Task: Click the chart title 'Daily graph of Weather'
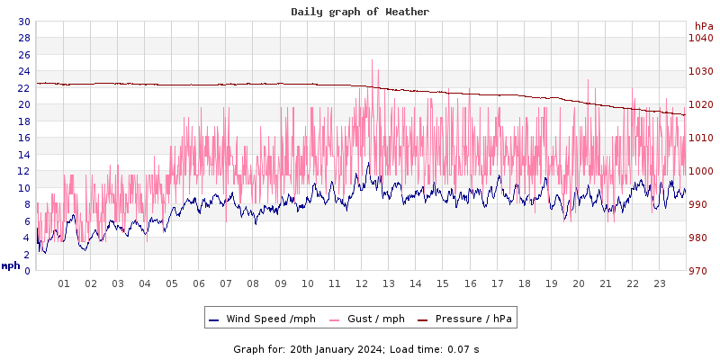pyautogui.click(x=359, y=12)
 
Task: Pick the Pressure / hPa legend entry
pyautogui.click(x=472, y=319)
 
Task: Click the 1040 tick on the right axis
pyautogui.click(x=700, y=38)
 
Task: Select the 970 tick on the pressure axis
pyautogui.click(x=700, y=271)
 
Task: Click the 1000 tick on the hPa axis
pyautogui.click(x=700, y=171)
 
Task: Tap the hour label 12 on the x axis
pyautogui.click(x=362, y=283)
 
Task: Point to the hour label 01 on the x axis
pyautogui.click(x=64, y=283)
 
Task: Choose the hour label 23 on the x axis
pyautogui.click(x=660, y=283)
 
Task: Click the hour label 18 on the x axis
pyautogui.click(x=524, y=283)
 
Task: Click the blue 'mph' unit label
pyautogui.click(x=10, y=265)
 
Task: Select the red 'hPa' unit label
pyautogui.click(x=703, y=26)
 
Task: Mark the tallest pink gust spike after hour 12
pyautogui.click(x=373, y=61)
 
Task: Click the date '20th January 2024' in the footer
pyautogui.click(x=332, y=348)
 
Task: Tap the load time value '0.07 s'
pyautogui.click(x=464, y=348)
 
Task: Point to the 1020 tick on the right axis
pyautogui.click(x=700, y=104)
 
